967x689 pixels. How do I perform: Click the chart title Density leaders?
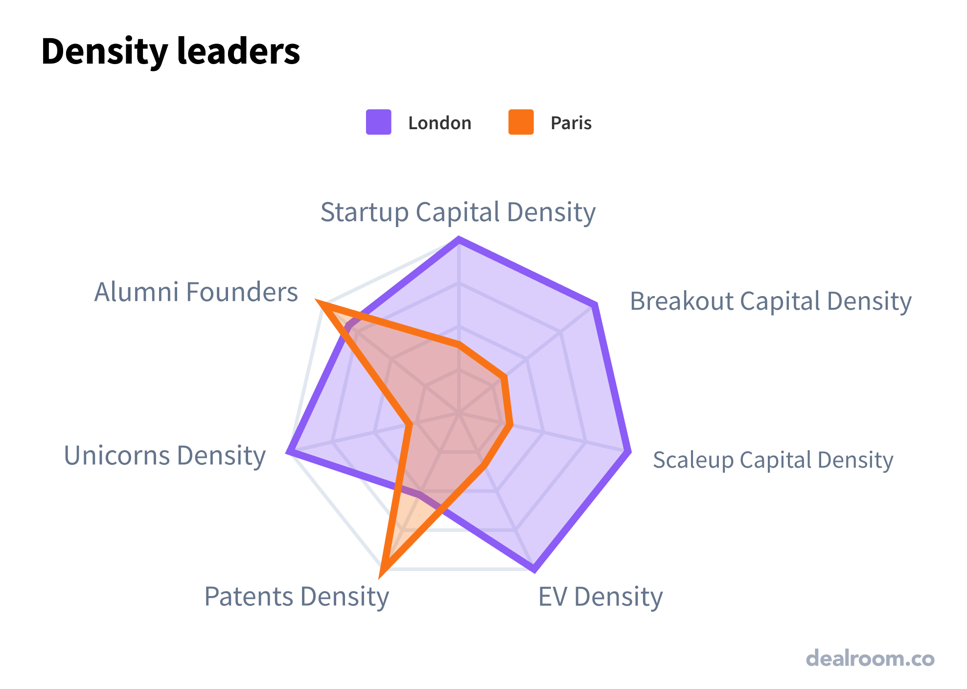pyautogui.click(x=170, y=51)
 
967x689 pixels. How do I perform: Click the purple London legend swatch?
pyautogui.click(x=378, y=122)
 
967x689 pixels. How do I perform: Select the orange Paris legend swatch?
pyautogui.click(x=521, y=122)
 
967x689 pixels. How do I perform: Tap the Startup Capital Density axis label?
pyautogui.click(x=458, y=212)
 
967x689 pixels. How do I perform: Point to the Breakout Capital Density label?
pyautogui.click(x=770, y=301)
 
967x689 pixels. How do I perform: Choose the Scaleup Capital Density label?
pyautogui.click(x=773, y=460)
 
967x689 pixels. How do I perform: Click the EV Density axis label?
pyautogui.click(x=600, y=597)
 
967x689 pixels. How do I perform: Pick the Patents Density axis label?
pyautogui.click(x=297, y=597)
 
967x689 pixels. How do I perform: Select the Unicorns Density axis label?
pyautogui.click(x=165, y=456)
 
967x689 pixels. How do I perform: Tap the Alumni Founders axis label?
pyautogui.click(x=196, y=292)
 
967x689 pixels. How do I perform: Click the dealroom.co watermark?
pyautogui.click(x=870, y=658)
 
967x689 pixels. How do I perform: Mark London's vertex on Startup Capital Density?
pyautogui.click(x=459, y=239)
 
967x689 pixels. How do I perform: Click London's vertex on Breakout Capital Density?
pyautogui.click(x=594, y=306)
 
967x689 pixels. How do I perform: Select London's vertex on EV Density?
pyautogui.click(x=534, y=569)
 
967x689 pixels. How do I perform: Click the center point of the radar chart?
pyautogui.click(x=459, y=413)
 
